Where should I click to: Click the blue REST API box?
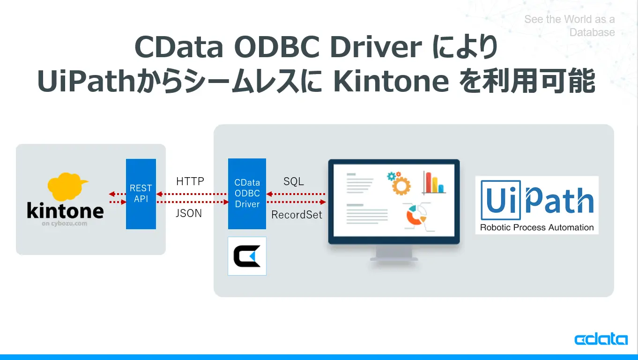[141, 194]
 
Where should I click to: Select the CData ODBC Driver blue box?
[247, 194]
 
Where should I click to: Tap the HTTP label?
[190, 181]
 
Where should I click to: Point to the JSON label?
[189, 213]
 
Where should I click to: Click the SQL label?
[294, 181]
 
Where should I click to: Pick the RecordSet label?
[297, 215]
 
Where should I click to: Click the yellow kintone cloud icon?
[67, 187]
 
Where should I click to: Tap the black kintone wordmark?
[65, 210]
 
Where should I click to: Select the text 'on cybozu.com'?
[64, 224]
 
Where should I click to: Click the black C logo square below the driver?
[247, 256]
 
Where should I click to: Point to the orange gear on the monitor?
[401, 186]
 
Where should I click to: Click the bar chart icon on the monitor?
[434, 183]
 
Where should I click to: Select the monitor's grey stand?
[394, 254]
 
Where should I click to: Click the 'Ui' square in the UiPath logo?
[501, 200]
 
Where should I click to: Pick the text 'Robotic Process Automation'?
[537, 227]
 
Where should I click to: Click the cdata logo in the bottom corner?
[601, 339]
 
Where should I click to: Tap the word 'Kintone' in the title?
[391, 81]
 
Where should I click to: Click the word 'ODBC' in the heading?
[276, 46]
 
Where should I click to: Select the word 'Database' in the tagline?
[592, 32]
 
